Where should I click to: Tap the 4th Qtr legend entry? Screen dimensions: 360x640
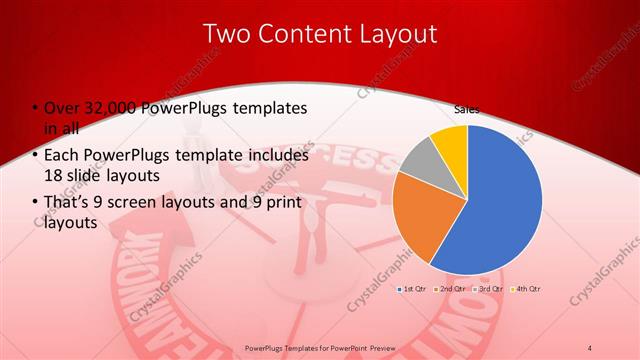coord(526,288)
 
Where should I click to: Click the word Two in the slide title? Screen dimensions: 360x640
coord(228,33)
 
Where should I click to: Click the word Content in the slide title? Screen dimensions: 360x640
coord(303,33)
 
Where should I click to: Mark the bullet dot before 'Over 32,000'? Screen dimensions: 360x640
coord(34,109)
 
